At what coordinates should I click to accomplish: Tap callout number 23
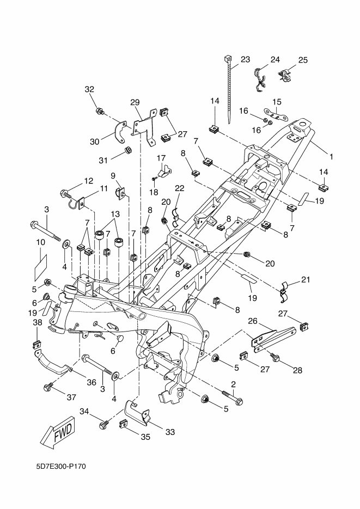[245, 59]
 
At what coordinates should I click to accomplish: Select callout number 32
[90, 89]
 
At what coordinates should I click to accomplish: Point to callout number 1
[331, 156]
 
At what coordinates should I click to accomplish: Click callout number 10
[40, 242]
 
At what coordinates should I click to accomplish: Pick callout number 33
[170, 433]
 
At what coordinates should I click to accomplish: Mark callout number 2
[233, 385]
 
